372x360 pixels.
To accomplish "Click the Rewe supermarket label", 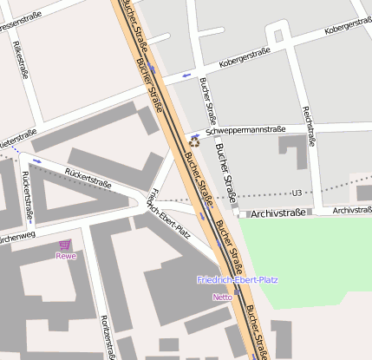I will coord(66,256).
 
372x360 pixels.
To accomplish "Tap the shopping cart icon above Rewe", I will coord(65,245).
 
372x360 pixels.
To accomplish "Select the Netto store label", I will coord(222,297).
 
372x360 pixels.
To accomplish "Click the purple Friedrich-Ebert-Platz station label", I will coord(237,280).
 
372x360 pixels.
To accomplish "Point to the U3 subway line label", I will coord(297,193).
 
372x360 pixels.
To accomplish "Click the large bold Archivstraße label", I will coord(278,213).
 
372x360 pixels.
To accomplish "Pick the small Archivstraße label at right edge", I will coord(351,210).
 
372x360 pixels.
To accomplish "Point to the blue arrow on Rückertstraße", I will coord(36,160).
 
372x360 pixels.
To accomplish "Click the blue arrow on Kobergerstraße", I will coord(184,76).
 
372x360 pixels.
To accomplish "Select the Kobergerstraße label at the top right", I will coord(346,29).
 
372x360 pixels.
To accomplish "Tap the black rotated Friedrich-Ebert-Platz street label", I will coord(170,212).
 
